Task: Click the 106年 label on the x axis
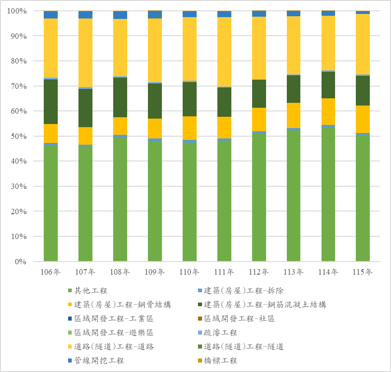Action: [x=51, y=272]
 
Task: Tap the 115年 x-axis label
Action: [x=363, y=272]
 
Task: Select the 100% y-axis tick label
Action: [x=18, y=11]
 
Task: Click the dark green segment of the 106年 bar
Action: [x=51, y=101]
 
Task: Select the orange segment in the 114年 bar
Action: [x=328, y=111]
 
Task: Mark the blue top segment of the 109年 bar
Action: [x=155, y=14]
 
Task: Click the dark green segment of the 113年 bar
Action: [x=294, y=89]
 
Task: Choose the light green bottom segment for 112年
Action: [x=259, y=197]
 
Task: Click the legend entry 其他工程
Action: [x=91, y=290]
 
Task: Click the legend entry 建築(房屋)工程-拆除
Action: [x=244, y=290]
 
